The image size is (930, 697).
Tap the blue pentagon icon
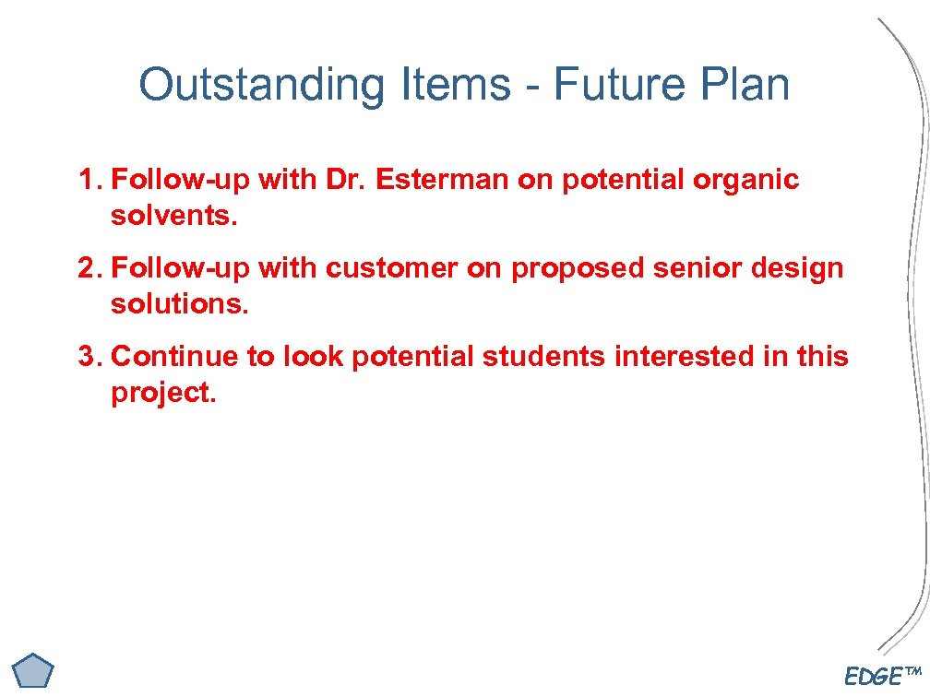[x=36, y=670]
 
